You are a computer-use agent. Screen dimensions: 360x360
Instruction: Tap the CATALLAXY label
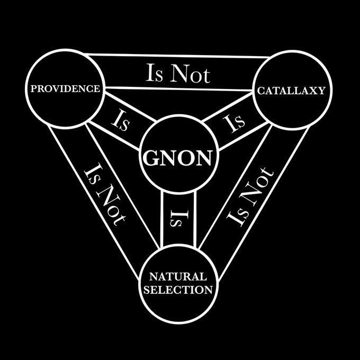pyautogui.click(x=291, y=91)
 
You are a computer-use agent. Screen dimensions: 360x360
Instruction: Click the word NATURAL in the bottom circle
pyautogui.click(x=177, y=277)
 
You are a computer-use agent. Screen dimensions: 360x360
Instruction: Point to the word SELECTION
pyautogui.click(x=177, y=290)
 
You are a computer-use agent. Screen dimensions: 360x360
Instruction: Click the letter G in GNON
pyautogui.click(x=149, y=158)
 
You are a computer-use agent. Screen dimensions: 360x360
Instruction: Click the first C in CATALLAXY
pyautogui.click(x=261, y=91)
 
